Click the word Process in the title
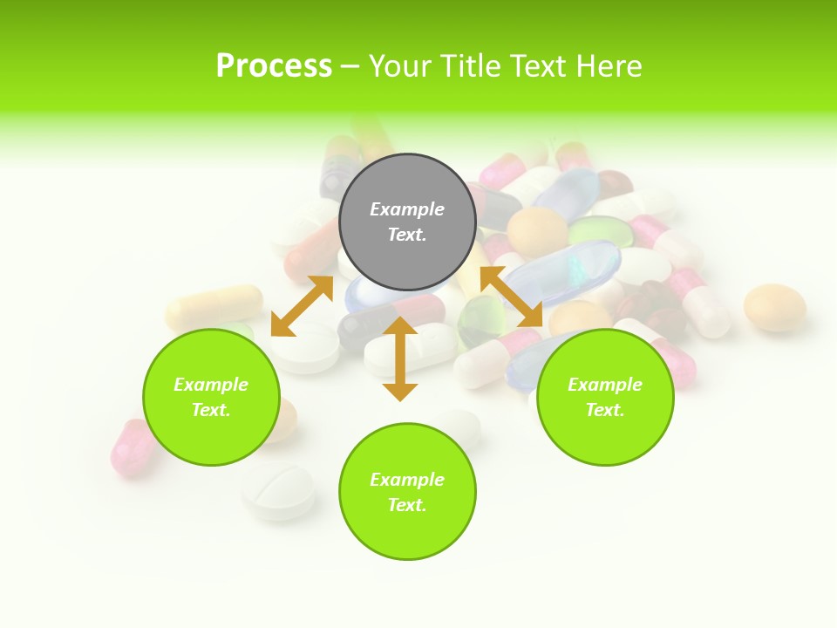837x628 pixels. [274, 66]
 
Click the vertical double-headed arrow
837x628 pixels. [400, 358]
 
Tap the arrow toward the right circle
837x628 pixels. [511, 297]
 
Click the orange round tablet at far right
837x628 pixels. [774, 307]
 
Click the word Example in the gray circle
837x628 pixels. [407, 209]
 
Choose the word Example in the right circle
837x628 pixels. [605, 385]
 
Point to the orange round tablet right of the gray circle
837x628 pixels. [537, 231]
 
